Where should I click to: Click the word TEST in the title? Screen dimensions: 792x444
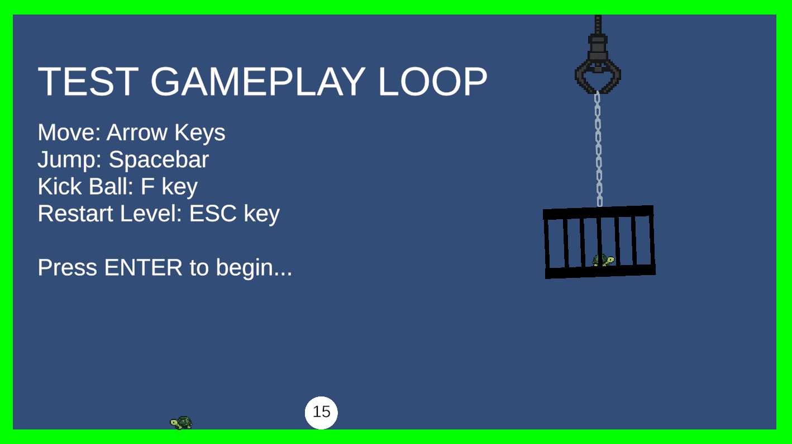(88, 82)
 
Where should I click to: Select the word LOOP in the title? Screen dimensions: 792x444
(433, 82)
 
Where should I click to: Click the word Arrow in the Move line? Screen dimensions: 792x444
(137, 133)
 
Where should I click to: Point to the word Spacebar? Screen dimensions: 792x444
(159, 160)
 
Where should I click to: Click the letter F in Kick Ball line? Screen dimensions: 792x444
(147, 187)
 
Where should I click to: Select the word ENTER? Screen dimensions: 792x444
(143, 267)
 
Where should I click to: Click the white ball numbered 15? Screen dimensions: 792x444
(321, 413)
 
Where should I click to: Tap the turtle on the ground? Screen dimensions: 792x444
(182, 423)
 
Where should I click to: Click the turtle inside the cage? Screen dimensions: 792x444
(603, 260)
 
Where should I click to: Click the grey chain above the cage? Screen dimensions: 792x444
(598, 149)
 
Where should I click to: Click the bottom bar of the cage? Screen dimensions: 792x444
(600, 272)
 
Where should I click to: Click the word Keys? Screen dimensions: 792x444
(200, 133)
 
